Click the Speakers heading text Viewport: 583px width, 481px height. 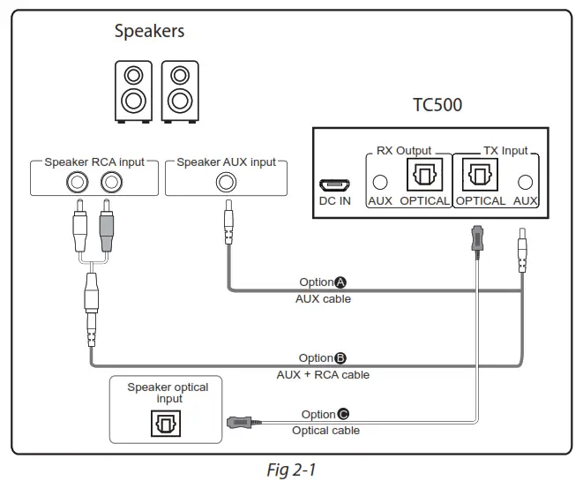(149, 31)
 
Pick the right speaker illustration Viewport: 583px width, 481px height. (180, 90)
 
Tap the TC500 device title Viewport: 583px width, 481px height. (437, 105)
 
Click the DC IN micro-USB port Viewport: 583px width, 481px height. (333, 186)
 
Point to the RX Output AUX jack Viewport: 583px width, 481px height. (380, 183)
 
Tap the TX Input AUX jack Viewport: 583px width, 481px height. (526, 183)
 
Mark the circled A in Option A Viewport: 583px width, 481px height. (340, 282)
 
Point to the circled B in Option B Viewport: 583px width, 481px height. (340, 358)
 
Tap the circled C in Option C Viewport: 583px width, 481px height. (343, 414)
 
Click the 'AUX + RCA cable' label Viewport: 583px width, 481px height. (323, 375)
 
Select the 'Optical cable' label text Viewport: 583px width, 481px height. (325, 431)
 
